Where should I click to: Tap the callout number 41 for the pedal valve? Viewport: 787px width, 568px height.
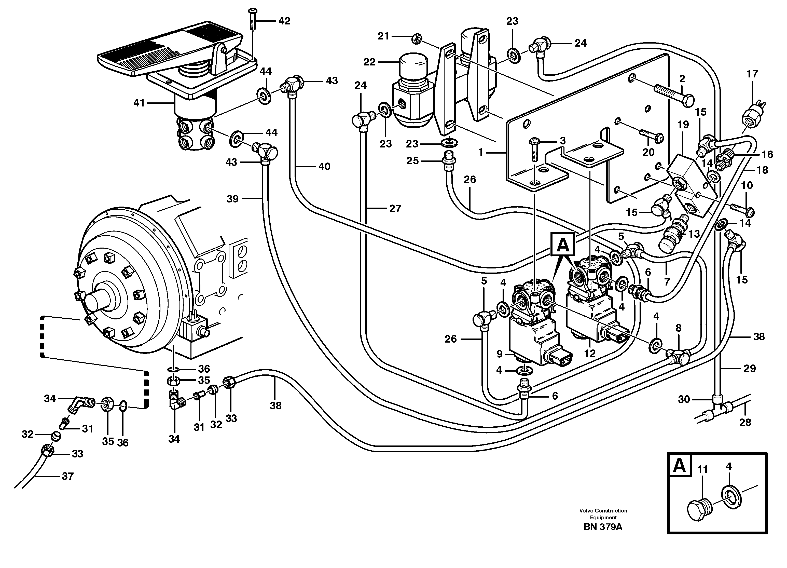click(139, 103)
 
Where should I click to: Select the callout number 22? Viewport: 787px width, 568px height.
click(369, 62)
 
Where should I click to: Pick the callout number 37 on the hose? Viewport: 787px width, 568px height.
click(68, 476)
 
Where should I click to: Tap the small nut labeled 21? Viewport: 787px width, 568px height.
click(416, 39)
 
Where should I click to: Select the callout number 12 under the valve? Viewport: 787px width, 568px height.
click(590, 354)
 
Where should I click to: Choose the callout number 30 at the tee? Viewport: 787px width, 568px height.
click(684, 400)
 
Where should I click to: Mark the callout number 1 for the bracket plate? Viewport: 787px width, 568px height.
click(481, 152)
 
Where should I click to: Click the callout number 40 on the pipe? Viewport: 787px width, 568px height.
click(324, 167)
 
